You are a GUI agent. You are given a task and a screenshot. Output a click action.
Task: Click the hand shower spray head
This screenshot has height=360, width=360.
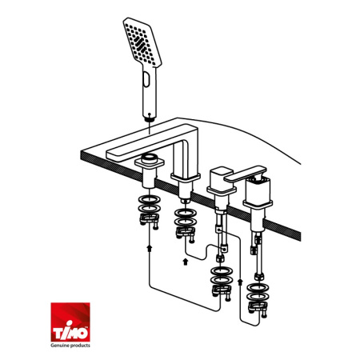click(x=142, y=42)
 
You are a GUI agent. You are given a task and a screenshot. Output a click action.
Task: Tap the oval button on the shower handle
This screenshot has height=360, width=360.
click(x=146, y=79)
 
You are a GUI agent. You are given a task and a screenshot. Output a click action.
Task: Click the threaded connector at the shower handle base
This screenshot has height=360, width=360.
click(x=150, y=118)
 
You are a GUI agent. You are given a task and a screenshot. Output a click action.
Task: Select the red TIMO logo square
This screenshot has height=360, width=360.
click(x=70, y=322)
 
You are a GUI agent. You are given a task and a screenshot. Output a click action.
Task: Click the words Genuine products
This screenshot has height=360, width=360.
click(x=70, y=346)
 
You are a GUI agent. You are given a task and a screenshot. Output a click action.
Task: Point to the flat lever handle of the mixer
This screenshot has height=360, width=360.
click(x=245, y=174)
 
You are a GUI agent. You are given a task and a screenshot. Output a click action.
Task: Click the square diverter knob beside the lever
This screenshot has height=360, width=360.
click(x=221, y=178)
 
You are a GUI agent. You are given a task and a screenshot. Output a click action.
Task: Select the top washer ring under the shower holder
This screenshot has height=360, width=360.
click(x=150, y=199)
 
